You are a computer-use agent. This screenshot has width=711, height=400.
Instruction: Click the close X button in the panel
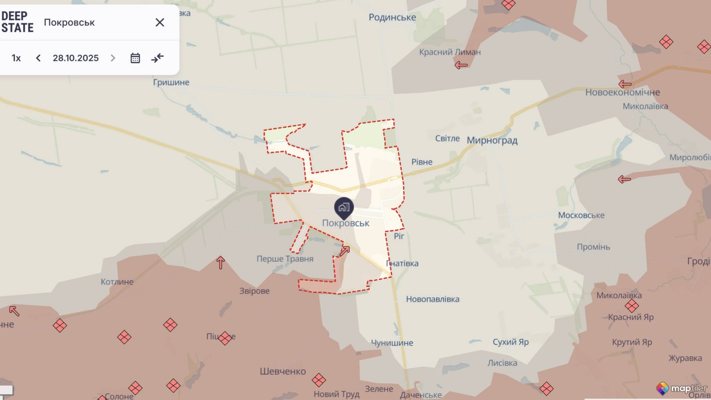point(160,23)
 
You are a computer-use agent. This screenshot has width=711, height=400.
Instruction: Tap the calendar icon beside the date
point(135,58)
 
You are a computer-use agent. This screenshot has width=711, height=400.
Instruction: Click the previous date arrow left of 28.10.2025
point(38,58)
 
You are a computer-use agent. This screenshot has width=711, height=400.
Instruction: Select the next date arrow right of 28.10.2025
point(113,58)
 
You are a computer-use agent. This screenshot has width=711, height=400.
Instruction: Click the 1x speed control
point(16,58)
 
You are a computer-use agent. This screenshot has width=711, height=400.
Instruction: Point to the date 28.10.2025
point(76,58)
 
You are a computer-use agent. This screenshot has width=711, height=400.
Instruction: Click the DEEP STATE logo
point(17,22)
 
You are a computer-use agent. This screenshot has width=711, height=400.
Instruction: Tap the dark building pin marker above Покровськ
point(344,207)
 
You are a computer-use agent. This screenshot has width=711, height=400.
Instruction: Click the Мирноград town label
point(492,140)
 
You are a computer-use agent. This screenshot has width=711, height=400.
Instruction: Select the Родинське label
point(392,17)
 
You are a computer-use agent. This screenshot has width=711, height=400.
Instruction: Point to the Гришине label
point(171,82)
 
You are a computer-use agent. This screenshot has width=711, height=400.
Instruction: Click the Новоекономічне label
point(622,92)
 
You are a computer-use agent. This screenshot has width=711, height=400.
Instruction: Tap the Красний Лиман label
point(449,52)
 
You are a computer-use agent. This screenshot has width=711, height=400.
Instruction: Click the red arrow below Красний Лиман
point(461,65)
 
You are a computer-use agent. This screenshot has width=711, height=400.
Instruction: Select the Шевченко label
point(283,371)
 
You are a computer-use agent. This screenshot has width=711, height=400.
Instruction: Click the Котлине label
point(117,282)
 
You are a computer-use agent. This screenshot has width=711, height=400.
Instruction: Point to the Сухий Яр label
point(510,342)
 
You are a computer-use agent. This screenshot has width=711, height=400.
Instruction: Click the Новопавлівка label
point(433,299)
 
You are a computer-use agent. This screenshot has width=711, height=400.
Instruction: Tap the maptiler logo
point(681,388)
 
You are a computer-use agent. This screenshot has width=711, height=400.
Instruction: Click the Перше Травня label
point(285,259)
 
